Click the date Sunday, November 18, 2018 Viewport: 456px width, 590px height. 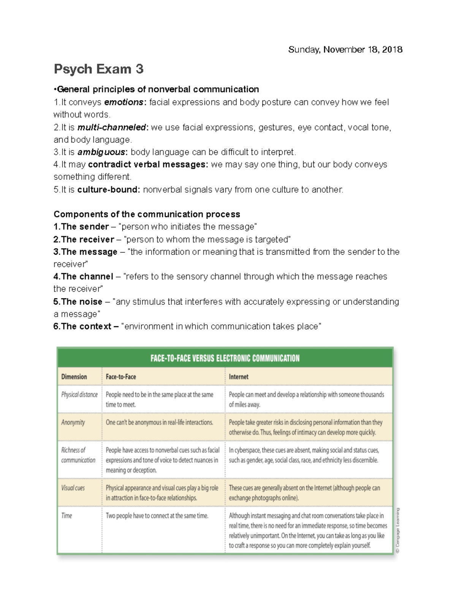345,50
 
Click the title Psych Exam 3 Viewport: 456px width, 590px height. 98,69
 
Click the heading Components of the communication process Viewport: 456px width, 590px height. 147,214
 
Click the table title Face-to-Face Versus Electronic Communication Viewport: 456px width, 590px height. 225,358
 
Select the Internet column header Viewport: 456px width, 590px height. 239,377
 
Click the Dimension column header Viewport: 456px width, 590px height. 74,377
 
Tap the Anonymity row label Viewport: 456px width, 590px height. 73,422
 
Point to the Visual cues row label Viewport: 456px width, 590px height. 73,488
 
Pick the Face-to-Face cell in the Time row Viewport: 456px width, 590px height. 157,516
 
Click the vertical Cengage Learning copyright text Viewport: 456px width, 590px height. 397,530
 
